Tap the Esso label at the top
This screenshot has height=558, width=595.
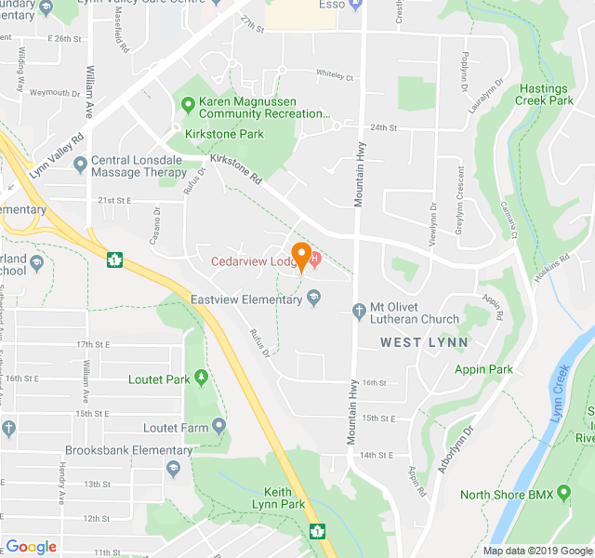pyautogui.click(x=332, y=5)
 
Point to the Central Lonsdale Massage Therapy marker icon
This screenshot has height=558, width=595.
pyautogui.click(x=81, y=166)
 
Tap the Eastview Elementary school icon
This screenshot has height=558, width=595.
pyautogui.click(x=313, y=299)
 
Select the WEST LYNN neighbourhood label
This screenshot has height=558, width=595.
pyautogui.click(x=424, y=342)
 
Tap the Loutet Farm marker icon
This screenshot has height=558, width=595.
pyautogui.click(x=218, y=427)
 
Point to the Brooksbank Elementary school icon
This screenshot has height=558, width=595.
pyautogui.click(x=172, y=467)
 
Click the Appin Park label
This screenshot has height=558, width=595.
pyautogui.click(x=483, y=369)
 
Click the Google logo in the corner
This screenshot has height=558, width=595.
pyautogui.click(x=31, y=547)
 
